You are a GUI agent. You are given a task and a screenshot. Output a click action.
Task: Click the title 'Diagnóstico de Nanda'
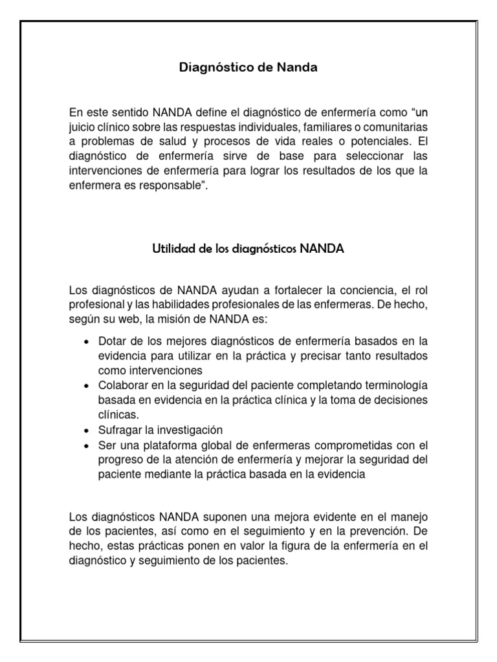tap(248, 67)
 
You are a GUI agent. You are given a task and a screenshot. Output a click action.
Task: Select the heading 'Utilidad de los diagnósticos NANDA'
tap(248, 248)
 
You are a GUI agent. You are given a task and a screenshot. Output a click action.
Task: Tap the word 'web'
tap(144, 319)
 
